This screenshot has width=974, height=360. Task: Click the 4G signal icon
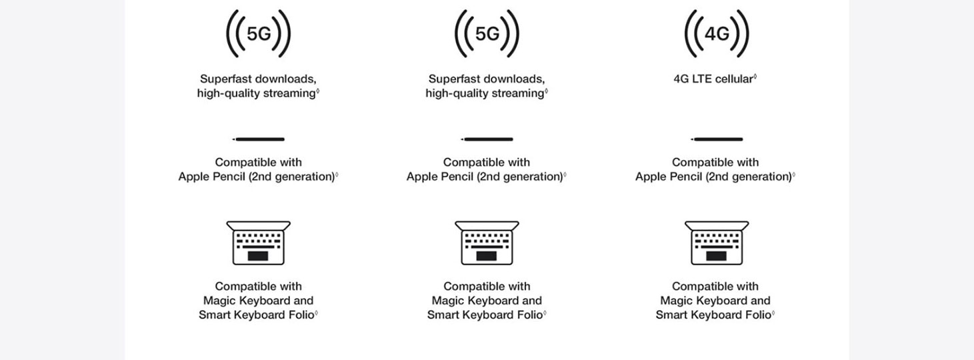(717, 33)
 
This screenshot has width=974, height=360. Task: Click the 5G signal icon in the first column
(258, 33)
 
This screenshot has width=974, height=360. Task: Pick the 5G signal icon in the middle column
(487, 33)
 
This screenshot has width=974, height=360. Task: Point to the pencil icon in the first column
(258, 139)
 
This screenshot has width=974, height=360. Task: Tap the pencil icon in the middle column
(487, 139)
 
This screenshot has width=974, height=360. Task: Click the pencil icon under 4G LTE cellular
(717, 139)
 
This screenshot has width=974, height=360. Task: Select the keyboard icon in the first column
(258, 243)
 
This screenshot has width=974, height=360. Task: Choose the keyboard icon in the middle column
(487, 243)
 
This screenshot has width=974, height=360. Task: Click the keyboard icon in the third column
(717, 243)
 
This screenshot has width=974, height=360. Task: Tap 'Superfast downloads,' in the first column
(258, 79)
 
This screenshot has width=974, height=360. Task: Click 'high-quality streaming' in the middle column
(485, 93)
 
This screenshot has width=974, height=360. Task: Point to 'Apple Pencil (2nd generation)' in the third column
(713, 177)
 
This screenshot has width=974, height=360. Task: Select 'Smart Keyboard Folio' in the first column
(257, 315)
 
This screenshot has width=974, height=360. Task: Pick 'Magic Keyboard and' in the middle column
(487, 301)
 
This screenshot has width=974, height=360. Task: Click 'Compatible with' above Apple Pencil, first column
(258, 162)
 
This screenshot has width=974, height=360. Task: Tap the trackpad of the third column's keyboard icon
(716, 255)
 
